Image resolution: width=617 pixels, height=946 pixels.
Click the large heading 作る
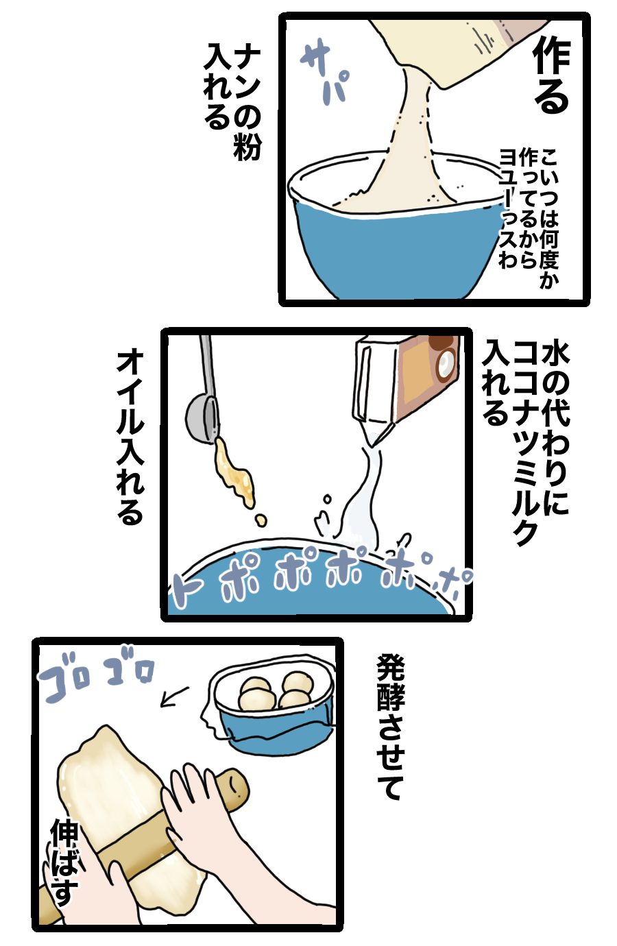pyautogui.click(x=552, y=77)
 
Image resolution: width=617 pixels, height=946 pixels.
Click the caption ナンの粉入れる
pyautogui.click(x=233, y=101)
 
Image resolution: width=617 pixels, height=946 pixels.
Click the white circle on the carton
pyautogui.click(x=446, y=365)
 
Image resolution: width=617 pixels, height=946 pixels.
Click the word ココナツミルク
pyautogui.click(x=525, y=444)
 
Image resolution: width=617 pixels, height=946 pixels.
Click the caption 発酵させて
pyautogui.click(x=390, y=727)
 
